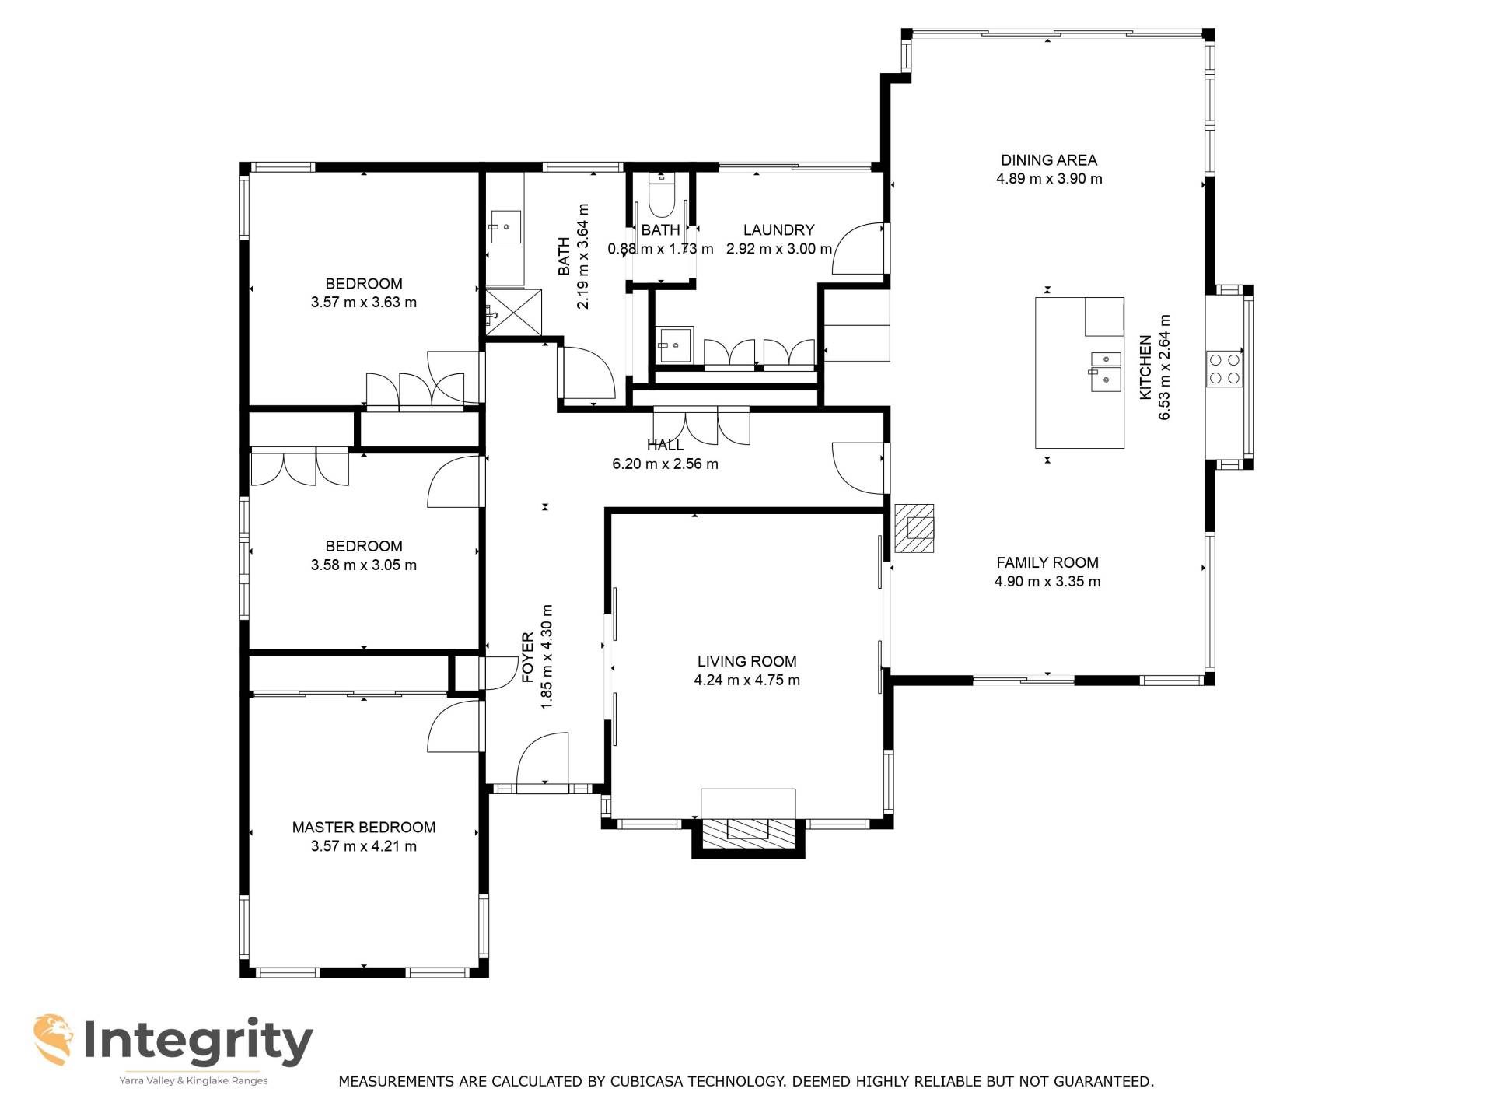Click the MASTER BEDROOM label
pyautogui.click(x=364, y=827)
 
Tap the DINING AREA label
pyautogui.click(x=1049, y=160)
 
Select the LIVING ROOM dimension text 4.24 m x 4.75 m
pyautogui.click(x=746, y=680)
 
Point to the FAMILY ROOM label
pyautogui.click(x=1047, y=562)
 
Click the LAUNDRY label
pyautogui.click(x=778, y=230)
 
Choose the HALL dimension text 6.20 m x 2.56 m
pyautogui.click(x=665, y=464)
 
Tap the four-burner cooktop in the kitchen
pyautogui.click(x=1224, y=369)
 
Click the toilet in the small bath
pyautogui.click(x=661, y=195)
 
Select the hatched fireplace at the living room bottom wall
pyautogui.click(x=748, y=833)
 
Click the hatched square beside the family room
pyautogui.click(x=914, y=528)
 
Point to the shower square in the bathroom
pyautogui.click(x=513, y=313)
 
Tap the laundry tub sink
pyautogui.click(x=675, y=344)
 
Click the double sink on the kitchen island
pyautogui.click(x=1105, y=371)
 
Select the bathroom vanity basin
pyautogui.click(x=505, y=227)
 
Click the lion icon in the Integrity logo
pyautogui.click(x=54, y=1039)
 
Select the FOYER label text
pyautogui.click(x=528, y=657)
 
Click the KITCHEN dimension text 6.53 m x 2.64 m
pyautogui.click(x=1164, y=367)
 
